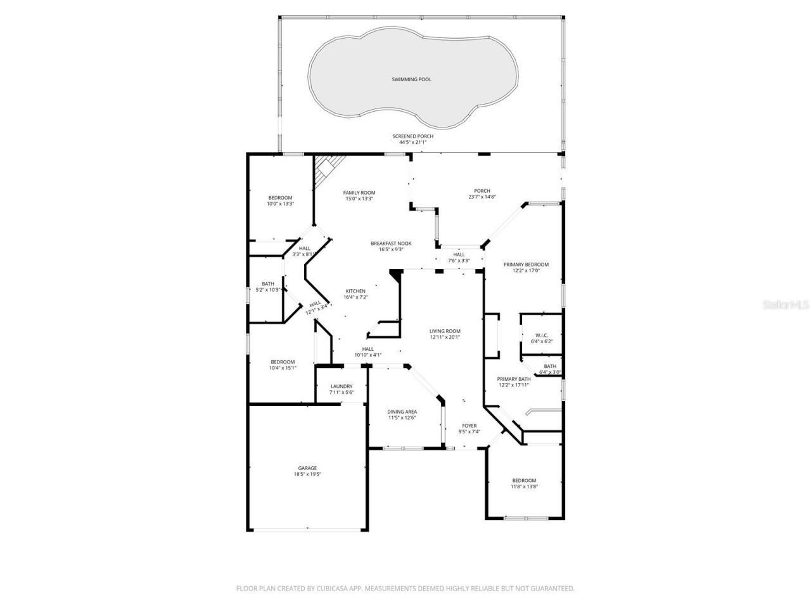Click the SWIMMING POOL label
[411, 79]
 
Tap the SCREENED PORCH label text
[412, 136]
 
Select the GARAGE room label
[307, 468]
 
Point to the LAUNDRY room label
[341, 386]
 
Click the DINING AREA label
[402, 412]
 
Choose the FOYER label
[469, 426]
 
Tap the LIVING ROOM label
[445, 331]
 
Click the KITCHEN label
[355, 291]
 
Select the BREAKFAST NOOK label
[391, 244]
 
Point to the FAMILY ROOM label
[359, 193]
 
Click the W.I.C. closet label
[541, 336]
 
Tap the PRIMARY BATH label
[513, 379]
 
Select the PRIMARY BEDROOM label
[526, 265]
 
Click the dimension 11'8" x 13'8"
[524, 487]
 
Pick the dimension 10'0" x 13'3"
[279, 204]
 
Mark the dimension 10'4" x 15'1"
[282, 368]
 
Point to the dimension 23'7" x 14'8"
[482, 197]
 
